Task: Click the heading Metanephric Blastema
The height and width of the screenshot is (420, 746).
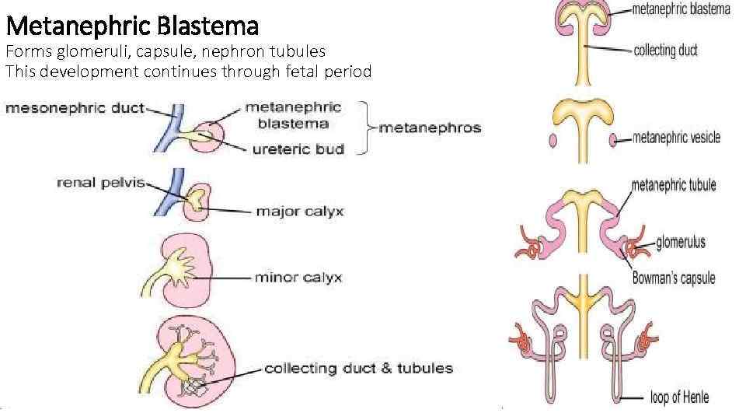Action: [x=132, y=27]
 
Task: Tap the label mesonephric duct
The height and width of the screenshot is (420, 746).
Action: [x=75, y=108]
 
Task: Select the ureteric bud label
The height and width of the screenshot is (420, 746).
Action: [x=298, y=149]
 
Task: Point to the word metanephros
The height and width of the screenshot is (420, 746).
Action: [x=430, y=128]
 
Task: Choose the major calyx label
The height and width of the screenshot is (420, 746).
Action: [x=299, y=211]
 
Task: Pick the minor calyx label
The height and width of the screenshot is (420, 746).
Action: [x=298, y=278]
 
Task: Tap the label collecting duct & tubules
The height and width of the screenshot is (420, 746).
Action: [x=358, y=368]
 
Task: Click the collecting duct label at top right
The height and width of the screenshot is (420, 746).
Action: [x=666, y=51]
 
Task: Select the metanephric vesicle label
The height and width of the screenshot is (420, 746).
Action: [x=677, y=138]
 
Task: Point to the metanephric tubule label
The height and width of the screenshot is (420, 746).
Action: [x=674, y=185]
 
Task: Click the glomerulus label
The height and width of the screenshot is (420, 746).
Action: [x=681, y=242]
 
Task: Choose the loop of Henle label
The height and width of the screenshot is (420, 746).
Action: [x=679, y=397]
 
